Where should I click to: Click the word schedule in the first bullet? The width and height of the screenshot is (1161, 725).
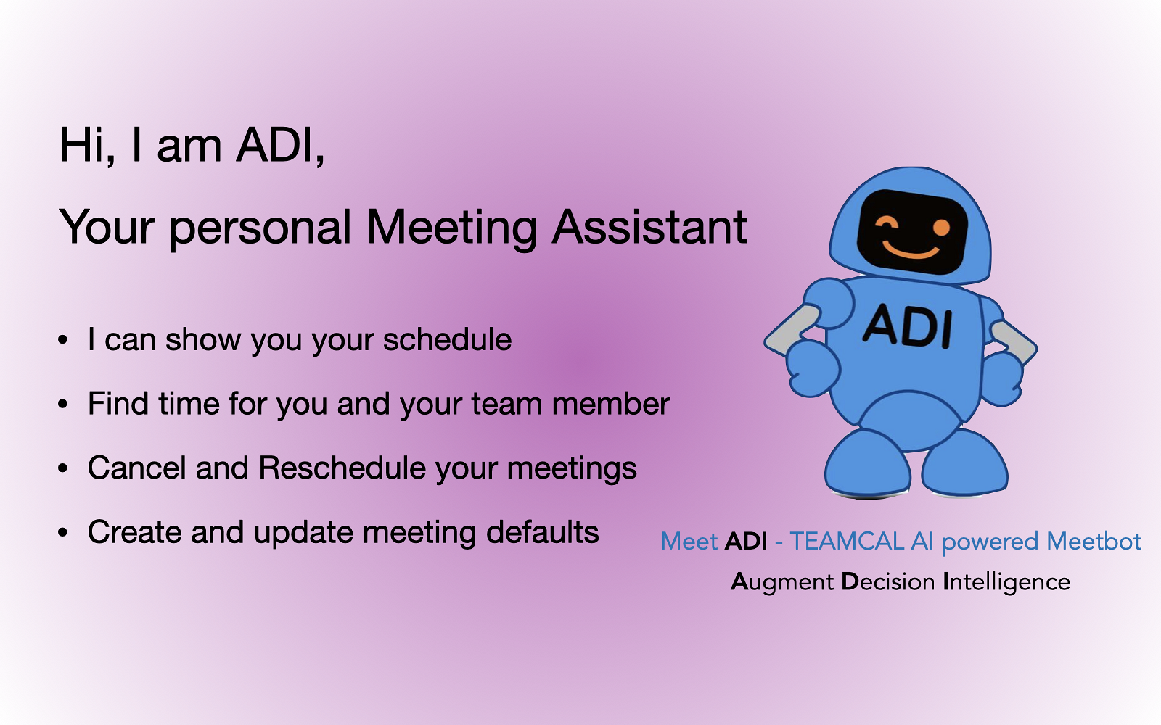tap(447, 340)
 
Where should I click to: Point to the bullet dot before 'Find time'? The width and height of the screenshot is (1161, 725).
tap(62, 404)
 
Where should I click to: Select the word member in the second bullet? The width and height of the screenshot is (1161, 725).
tap(611, 404)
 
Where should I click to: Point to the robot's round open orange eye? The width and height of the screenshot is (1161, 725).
tap(941, 228)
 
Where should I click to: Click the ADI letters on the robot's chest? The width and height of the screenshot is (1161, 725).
tap(907, 326)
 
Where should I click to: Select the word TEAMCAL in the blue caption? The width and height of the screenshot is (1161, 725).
tap(847, 542)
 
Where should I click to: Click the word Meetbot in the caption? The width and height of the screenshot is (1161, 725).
tap(1094, 542)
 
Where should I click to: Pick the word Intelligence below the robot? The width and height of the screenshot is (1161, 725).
tap(1006, 583)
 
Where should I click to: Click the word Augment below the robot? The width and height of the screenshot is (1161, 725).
tap(782, 583)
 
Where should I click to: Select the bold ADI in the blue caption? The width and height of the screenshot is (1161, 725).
tap(746, 542)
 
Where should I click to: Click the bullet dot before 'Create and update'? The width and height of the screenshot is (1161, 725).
tap(62, 532)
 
